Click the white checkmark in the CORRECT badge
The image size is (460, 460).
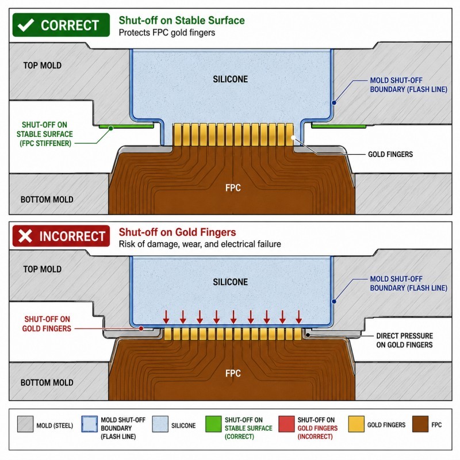pyautogui.click(x=25, y=25)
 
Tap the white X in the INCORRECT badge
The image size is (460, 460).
pyautogui.click(x=25, y=236)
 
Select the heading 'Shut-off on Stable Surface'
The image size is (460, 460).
pyautogui.click(x=182, y=20)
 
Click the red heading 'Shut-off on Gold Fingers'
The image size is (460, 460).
pyautogui.click(x=177, y=232)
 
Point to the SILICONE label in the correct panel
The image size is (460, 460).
pyautogui.click(x=231, y=79)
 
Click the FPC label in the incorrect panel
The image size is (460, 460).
pyautogui.click(x=233, y=373)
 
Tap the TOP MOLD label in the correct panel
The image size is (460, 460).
pyautogui.click(x=42, y=65)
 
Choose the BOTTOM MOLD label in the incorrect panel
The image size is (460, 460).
pyautogui.click(x=47, y=382)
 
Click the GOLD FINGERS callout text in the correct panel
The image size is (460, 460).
pyautogui.click(x=390, y=154)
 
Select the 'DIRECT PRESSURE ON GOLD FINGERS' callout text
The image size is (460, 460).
pyautogui.click(x=404, y=340)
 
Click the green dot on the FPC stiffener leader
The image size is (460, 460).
pyautogui.click(x=110, y=128)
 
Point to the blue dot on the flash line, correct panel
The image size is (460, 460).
pyautogui.click(x=334, y=103)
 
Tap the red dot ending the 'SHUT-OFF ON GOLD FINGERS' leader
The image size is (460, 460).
pyautogui.click(x=141, y=328)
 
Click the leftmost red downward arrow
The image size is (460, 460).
pyautogui.click(x=166, y=317)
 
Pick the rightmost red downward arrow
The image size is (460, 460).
pyautogui.click(x=298, y=317)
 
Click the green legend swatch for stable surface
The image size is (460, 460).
pyautogui.click(x=213, y=424)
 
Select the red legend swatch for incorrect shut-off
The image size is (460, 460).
pyautogui.click(x=286, y=424)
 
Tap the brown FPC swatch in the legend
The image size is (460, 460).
pyautogui.click(x=420, y=424)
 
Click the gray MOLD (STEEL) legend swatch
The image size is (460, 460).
pyautogui.click(x=25, y=424)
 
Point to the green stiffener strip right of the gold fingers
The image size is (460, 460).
pyautogui.click(x=339, y=126)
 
